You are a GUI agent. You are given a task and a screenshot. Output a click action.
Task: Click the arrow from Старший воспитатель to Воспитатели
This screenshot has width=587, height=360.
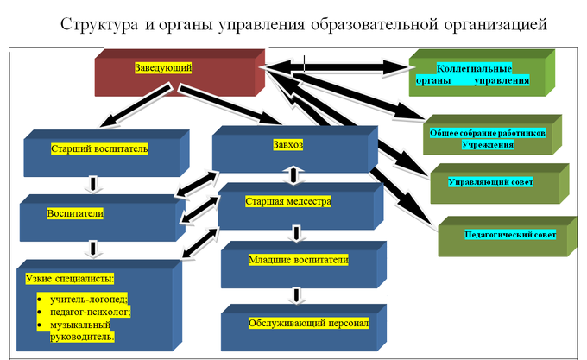point(93,183)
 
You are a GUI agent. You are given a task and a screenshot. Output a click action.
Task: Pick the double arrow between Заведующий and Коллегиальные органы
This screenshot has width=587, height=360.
point(337,67)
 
